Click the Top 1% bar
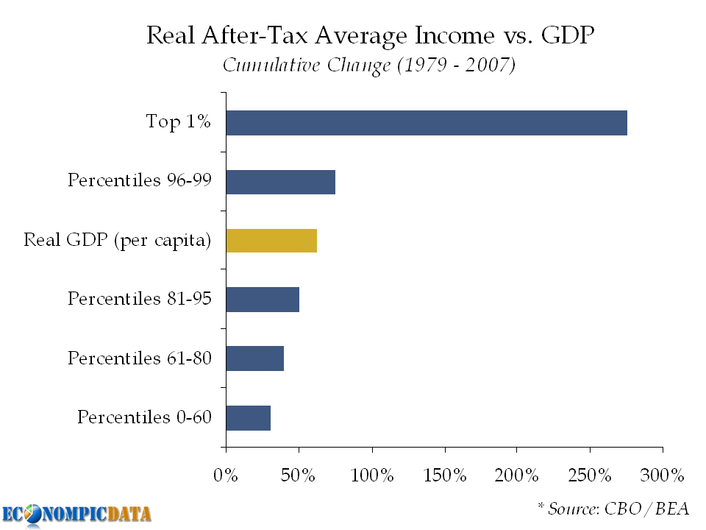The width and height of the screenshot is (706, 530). click(x=427, y=123)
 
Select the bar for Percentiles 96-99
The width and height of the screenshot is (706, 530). click(x=280, y=182)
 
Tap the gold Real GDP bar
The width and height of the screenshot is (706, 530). click(x=271, y=241)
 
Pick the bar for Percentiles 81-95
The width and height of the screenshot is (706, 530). click(x=263, y=300)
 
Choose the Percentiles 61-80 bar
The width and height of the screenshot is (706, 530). click(x=254, y=358)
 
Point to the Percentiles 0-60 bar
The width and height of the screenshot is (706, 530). click(x=248, y=417)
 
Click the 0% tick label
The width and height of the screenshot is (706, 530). click(x=226, y=475)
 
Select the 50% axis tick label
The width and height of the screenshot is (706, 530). click(x=299, y=475)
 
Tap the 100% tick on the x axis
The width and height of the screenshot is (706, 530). click(x=371, y=475)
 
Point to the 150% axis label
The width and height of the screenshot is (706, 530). click(x=444, y=475)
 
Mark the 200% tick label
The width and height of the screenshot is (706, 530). click(x=517, y=475)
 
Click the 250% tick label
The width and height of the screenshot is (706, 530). click(x=590, y=475)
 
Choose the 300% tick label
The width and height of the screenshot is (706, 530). click(x=663, y=475)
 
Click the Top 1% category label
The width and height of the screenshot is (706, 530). click(x=179, y=122)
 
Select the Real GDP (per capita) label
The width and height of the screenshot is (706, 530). click(x=118, y=240)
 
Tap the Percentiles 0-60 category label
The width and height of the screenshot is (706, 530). click(x=144, y=417)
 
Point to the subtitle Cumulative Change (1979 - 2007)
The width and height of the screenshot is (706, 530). click(x=369, y=65)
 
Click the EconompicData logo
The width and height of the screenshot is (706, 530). click(x=76, y=514)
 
